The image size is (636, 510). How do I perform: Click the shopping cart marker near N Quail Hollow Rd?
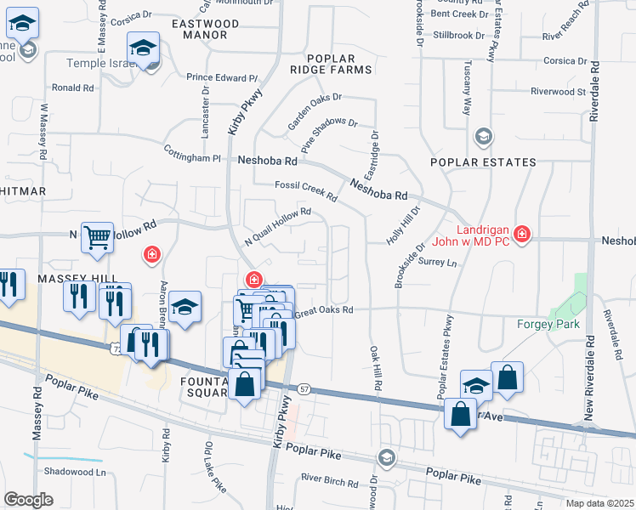click(98, 238)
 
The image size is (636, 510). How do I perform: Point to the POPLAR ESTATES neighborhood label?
click(483, 162)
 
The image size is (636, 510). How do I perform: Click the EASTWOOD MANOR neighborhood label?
click(200, 29)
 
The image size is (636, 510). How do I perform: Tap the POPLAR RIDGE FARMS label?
click(330, 62)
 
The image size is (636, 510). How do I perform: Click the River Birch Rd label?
click(329, 482)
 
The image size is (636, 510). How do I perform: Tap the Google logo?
click(28, 499)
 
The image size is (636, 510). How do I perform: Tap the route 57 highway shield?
click(305, 389)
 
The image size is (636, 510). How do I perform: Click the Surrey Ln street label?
click(438, 263)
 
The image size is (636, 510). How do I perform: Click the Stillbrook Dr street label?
click(458, 36)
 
